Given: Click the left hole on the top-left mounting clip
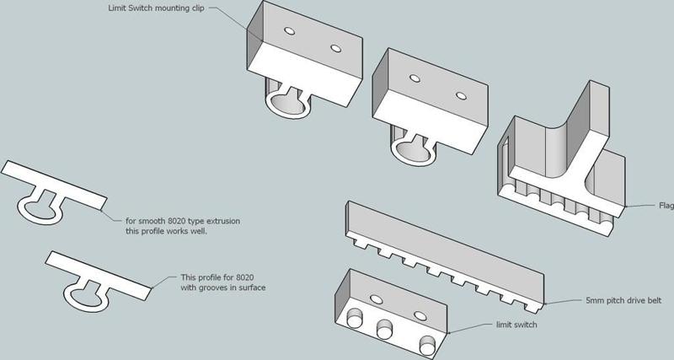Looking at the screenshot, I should pyautogui.click(x=289, y=31).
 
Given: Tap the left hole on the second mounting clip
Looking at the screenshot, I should pyautogui.click(x=415, y=78).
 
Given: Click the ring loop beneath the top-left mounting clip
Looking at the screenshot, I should pyautogui.click(x=287, y=104).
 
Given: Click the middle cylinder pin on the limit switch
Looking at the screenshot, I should pyautogui.click(x=389, y=330).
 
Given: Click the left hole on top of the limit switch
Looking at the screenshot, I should pyautogui.click(x=375, y=298).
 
